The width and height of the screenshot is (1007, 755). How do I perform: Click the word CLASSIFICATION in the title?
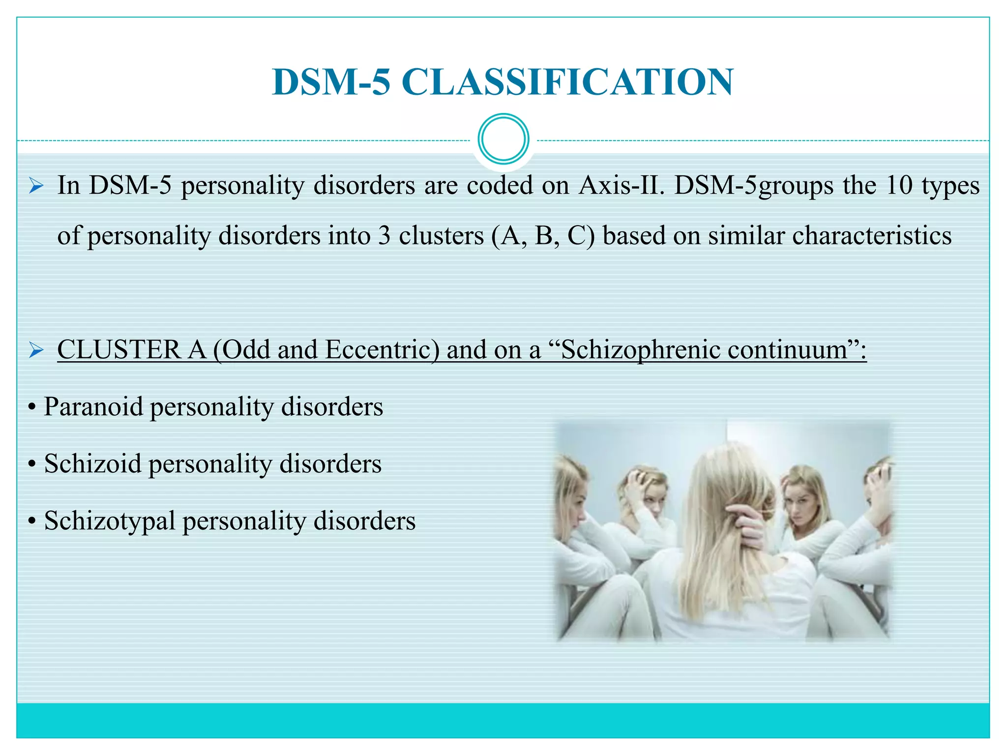click(x=567, y=82)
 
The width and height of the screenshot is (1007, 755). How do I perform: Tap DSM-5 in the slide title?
click(x=332, y=82)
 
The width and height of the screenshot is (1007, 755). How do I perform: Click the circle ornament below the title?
click(x=503, y=139)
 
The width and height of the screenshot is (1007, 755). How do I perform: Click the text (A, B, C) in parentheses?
click(x=542, y=235)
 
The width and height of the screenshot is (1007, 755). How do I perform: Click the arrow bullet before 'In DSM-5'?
click(x=36, y=186)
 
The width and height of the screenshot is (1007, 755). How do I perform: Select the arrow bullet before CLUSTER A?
click(x=36, y=350)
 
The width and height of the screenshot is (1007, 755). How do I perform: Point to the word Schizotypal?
click(x=110, y=521)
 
